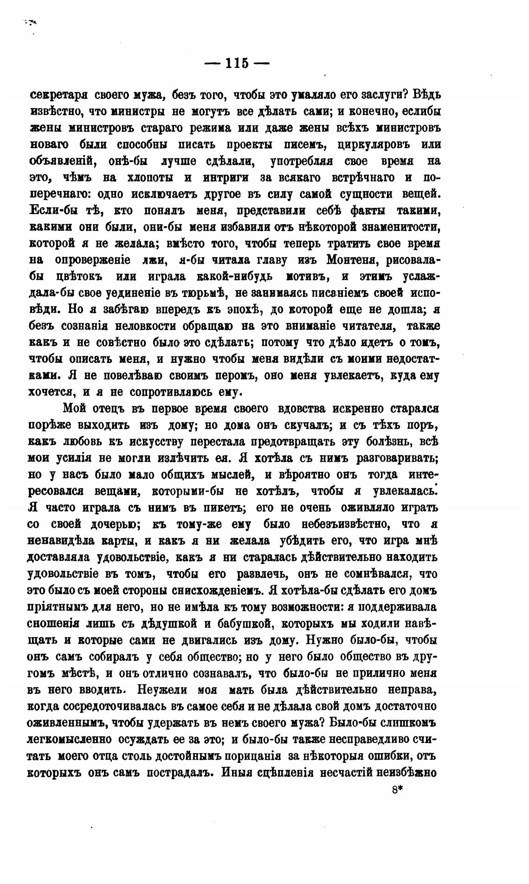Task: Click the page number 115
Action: [237, 63]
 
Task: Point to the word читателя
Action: [362, 326]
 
